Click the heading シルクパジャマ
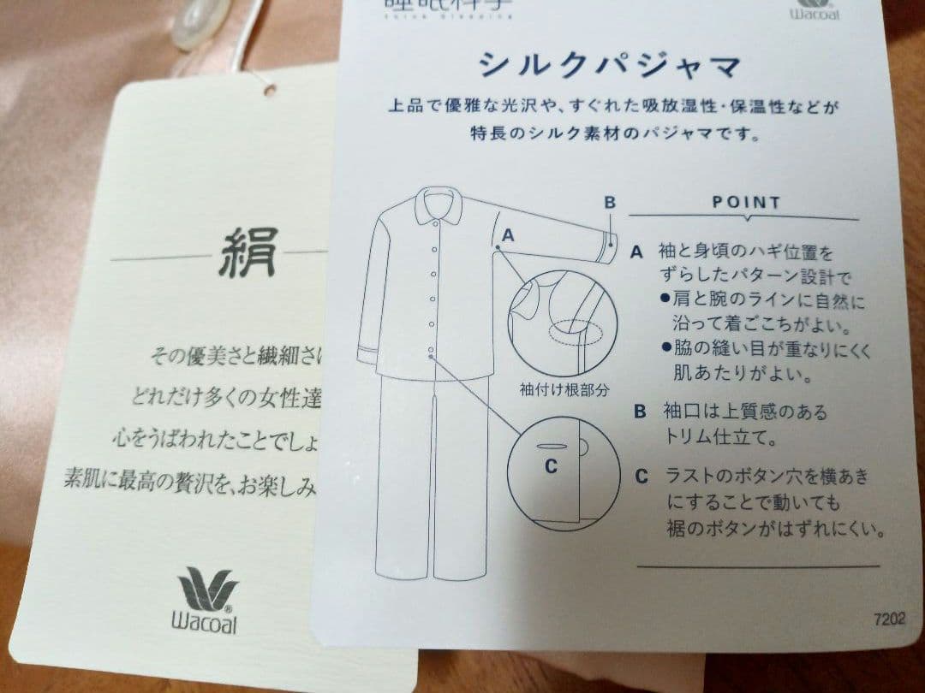(x=609, y=65)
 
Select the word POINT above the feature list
(x=746, y=204)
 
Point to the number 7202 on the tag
(x=889, y=619)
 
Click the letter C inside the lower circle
(x=551, y=466)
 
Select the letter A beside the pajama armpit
(x=508, y=233)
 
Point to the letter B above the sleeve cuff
(x=610, y=203)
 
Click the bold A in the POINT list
(x=636, y=252)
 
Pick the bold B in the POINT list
(x=640, y=412)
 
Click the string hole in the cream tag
(x=270, y=88)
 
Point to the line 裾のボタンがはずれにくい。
(x=776, y=529)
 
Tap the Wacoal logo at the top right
(x=815, y=10)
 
